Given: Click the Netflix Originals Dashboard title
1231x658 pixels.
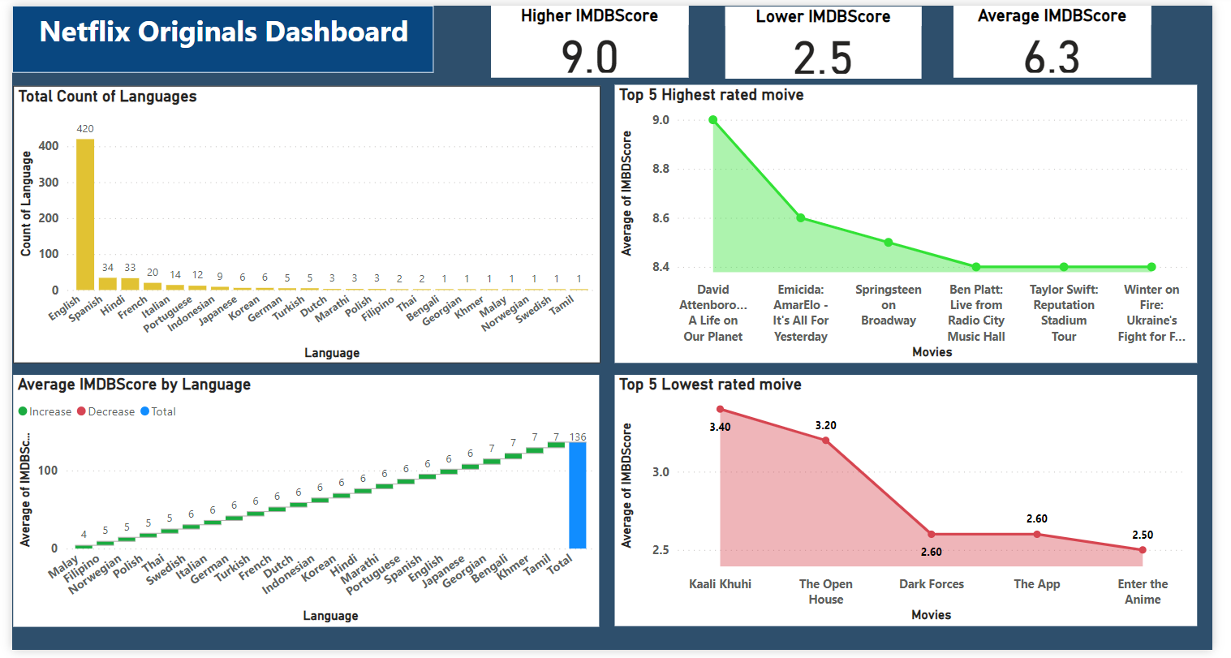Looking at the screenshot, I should (223, 32).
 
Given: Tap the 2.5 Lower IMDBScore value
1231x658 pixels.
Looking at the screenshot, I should (823, 58).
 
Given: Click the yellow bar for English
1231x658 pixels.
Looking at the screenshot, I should (85, 215).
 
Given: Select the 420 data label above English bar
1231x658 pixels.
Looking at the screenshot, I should (85, 129).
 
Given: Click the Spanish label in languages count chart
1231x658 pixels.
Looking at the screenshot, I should (87, 309).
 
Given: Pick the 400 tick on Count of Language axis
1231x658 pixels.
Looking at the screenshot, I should (49, 146).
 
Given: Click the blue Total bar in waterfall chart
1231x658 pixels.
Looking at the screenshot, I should (577, 495).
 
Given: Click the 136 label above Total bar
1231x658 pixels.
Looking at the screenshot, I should (578, 437).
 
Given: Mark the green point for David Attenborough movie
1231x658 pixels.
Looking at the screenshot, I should (713, 120).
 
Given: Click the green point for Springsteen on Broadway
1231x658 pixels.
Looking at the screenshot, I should (889, 243).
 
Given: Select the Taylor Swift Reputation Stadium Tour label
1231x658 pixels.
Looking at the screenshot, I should (1064, 312).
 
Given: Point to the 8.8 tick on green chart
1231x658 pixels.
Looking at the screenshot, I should (661, 170).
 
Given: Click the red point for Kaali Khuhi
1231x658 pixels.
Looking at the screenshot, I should (720, 410).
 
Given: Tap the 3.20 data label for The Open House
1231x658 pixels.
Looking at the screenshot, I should (825, 426).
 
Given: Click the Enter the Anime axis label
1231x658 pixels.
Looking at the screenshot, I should (1143, 591).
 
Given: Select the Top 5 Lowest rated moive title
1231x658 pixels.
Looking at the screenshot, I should (710, 385).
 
